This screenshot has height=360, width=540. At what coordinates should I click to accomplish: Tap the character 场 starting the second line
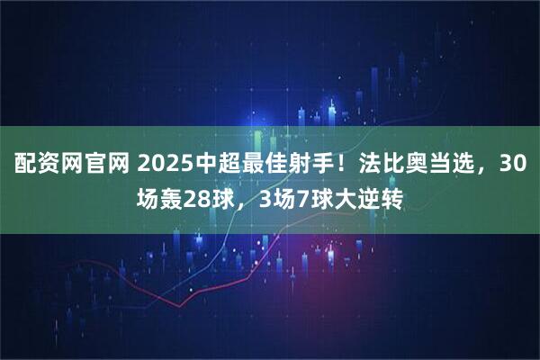(x=145, y=198)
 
